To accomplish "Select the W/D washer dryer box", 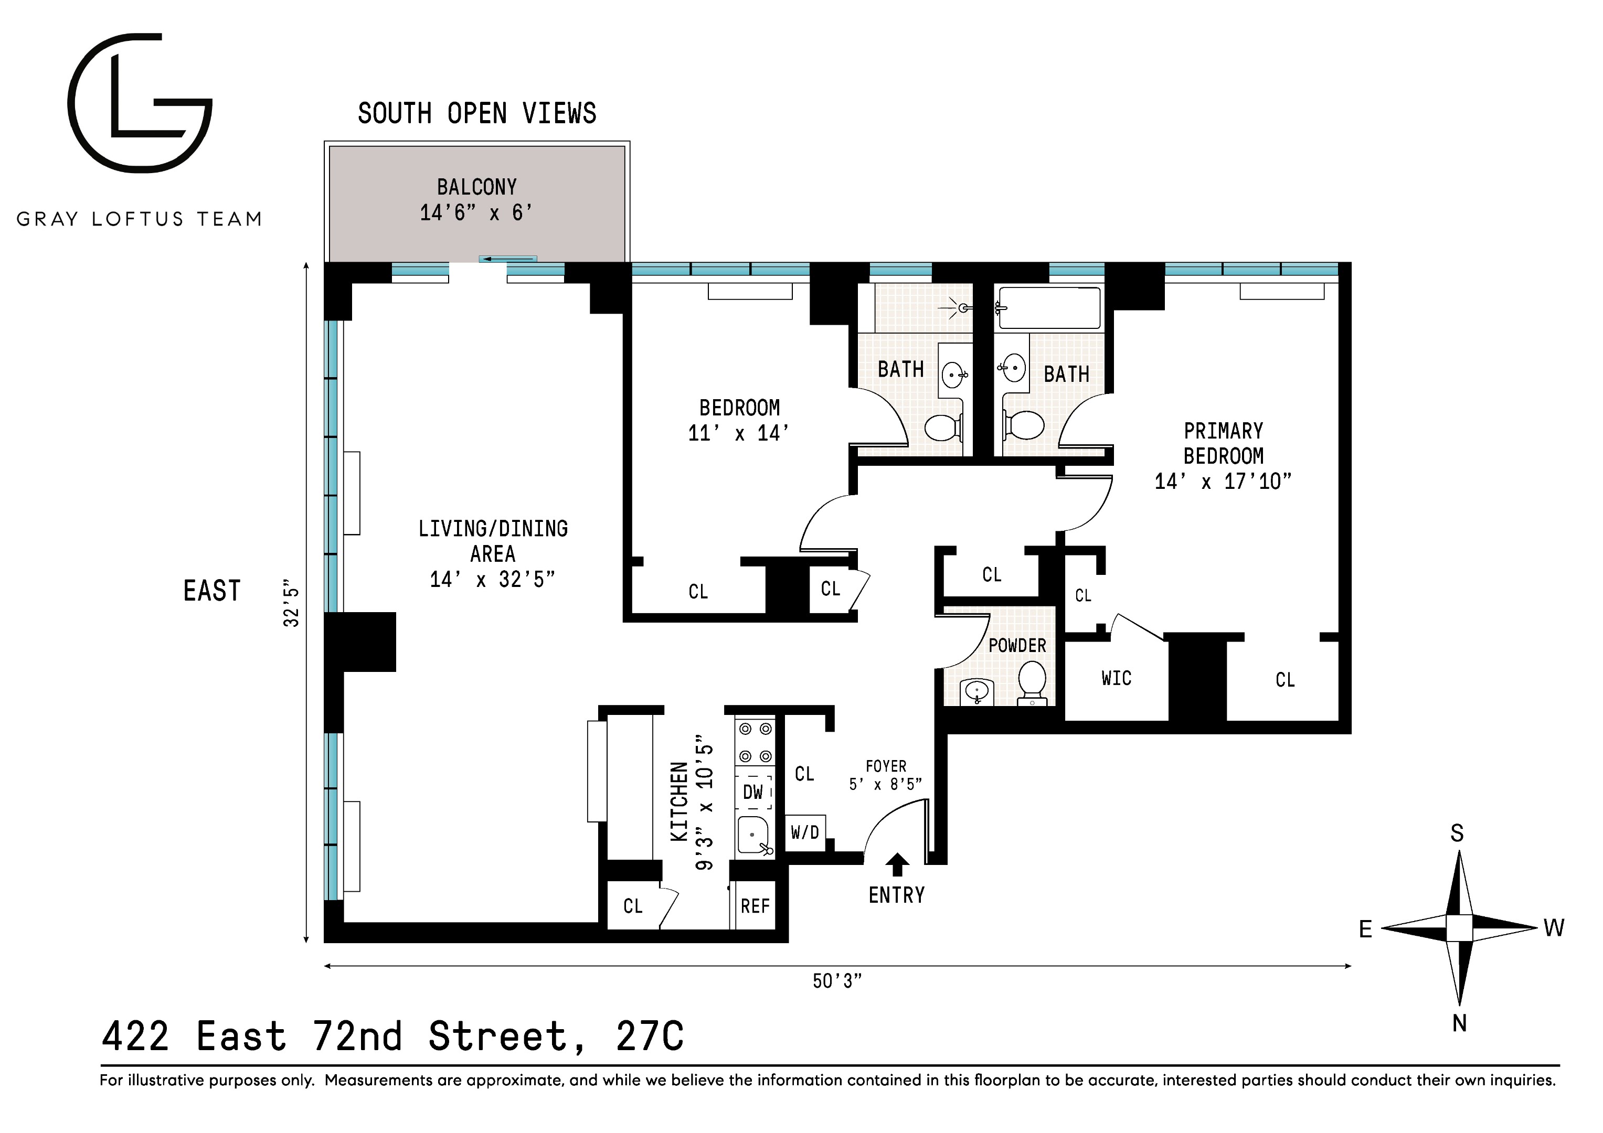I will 805,832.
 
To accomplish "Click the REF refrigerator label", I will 755,906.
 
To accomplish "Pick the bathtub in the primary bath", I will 1049,307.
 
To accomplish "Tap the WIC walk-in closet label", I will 1116,678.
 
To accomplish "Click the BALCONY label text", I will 477,187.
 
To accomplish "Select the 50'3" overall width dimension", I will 837,981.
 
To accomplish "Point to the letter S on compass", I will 1457,833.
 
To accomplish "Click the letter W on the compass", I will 1554,928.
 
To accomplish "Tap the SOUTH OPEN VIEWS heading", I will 477,113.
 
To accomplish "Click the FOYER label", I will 885,766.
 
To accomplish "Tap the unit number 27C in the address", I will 649,1036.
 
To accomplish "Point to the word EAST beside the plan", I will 211,591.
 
